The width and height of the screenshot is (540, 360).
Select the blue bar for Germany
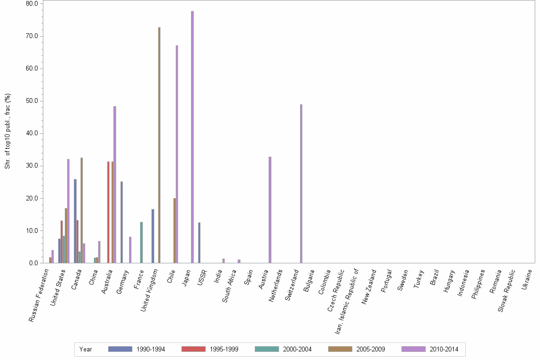tap(121, 222)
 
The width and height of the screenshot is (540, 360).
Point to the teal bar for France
tap(141, 242)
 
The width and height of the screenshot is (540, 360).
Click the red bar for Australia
tap(108, 212)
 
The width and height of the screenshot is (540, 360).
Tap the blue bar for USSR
tap(199, 242)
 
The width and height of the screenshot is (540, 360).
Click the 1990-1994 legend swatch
tap(120, 349)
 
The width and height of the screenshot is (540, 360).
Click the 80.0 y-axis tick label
tap(32, 4)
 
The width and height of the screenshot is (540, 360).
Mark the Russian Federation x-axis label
tap(40, 295)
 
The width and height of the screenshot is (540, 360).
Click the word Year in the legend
tap(86, 349)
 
